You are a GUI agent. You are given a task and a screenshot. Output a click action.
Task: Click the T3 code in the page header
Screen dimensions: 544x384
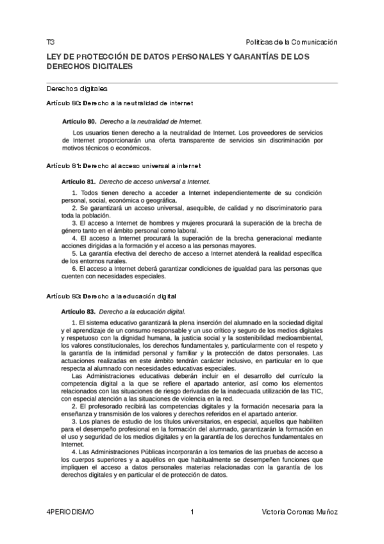[50, 42]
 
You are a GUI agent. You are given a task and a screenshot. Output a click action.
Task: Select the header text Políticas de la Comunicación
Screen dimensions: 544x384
[291, 42]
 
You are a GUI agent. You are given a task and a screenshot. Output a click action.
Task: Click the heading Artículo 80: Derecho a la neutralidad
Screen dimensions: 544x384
[120, 103]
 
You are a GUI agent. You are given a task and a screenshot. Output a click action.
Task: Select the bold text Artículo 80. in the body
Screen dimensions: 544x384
[79, 121]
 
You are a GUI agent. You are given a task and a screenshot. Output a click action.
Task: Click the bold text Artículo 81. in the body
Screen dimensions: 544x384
[78, 182]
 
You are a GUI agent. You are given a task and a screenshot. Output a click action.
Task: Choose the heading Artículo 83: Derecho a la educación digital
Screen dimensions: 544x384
[112, 296]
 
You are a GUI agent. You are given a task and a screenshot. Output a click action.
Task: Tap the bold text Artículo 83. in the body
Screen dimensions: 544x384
[78, 312]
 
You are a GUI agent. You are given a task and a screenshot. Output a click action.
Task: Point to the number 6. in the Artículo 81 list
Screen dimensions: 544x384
[74, 269]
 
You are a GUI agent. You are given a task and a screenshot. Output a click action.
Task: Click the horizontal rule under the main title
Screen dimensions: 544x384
[192, 83]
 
